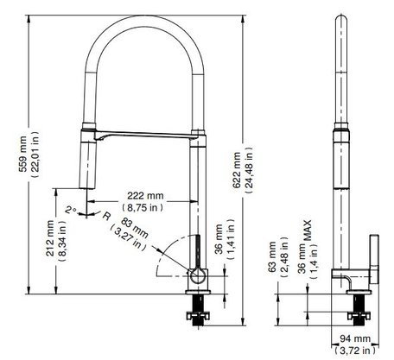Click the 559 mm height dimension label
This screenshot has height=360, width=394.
coord(23,154)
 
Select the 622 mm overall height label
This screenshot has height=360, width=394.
coord(237,170)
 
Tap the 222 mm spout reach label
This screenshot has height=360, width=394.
coord(145,196)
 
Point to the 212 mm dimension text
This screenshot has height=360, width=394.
coord(50,238)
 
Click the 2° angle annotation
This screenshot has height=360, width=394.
coord(70,210)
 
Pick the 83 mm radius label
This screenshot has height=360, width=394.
coord(135,228)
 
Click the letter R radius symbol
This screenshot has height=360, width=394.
coord(106,216)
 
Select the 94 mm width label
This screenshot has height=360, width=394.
coord(355,338)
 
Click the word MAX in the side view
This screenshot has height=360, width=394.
coord(308,231)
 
